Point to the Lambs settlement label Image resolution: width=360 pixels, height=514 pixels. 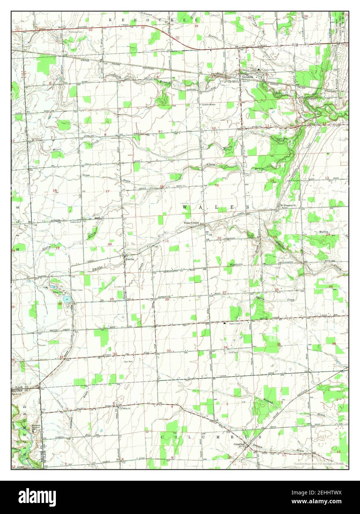click(x=129, y=259)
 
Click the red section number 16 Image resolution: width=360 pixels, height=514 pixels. click(x=162, y=186)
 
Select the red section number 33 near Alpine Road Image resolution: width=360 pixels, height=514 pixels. click(x=169, y=351)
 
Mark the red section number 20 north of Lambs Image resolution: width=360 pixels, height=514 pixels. click(x=110, y=244)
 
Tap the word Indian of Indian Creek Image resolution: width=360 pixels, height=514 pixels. click(x=259, y=297)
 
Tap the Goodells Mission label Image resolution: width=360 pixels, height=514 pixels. click(x=210, y=105)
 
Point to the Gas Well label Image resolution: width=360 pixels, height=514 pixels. click(x=128, y=361)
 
